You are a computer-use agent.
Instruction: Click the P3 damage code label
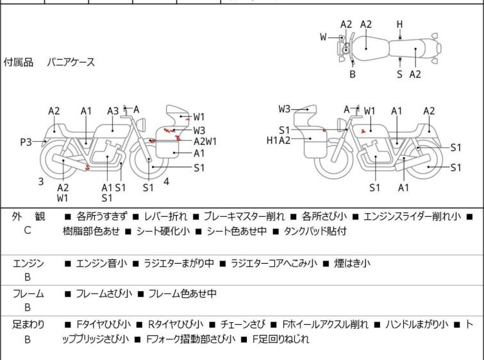pyautogui.click(x=26, y=142)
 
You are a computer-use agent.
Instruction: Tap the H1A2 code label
pyautogui.click(x=280, y=140)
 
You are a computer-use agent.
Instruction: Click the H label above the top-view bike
pyautogui.click(x=399, y=24)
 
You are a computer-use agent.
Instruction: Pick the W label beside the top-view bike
pyautogui.click(x=324, y=37)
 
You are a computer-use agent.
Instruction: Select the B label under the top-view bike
pyautogui.click(x=352, y=74)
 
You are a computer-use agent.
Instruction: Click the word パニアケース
pyautogui.click(x=71, y=62)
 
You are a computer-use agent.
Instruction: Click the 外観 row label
pyautogui.click(x=28, y=217)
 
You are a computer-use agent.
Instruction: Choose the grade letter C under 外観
pyautogui.click(x=28, y=230)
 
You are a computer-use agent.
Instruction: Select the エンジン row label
pyautogui.click(x=28, y=262)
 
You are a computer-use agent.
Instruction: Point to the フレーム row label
pyautogui.click(x=28, y=294)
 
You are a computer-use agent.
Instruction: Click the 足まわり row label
pyautogui.click(x=28, y=325)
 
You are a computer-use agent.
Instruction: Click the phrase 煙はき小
pyautogui.click(x=353, y=262)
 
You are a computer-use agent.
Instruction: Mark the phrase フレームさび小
pyautogui.click(x=103, y=294)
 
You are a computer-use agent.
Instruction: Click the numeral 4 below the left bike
pyautogui.click(x=166, y=182)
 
